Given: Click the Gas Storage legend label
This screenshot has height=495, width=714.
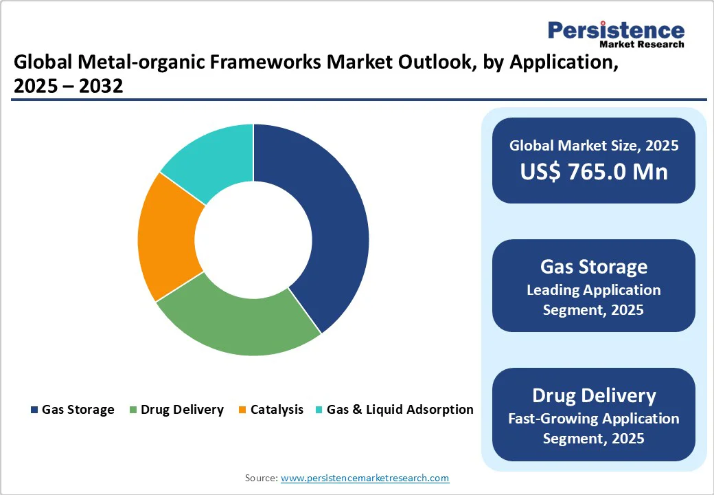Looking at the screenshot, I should pyautogui.click(x=78, y=410).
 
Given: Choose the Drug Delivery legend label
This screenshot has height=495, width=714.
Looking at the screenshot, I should pyautogui.click(x=182, y=410).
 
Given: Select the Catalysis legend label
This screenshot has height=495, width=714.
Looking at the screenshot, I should pyautogui.click(x=277, y=410).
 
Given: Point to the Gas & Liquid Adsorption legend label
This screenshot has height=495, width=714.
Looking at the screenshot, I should pyautogui.click(x=400, y=410).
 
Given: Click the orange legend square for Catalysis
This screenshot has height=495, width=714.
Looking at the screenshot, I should pyautogui.click(x=242, y=410).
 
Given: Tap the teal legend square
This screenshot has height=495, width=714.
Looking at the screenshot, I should pyautogui.click(x=319, y=410).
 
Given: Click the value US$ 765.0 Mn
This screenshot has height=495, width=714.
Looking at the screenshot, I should pyautogui.click(x=593, y=171).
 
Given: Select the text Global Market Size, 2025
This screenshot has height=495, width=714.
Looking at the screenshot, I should pyautogui.click(x=593, y=145).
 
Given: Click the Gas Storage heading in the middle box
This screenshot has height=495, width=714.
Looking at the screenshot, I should pyautogui.click(x=593, y=267).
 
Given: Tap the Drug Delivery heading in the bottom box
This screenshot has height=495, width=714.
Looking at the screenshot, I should pyautogui.click(x=593, y=395).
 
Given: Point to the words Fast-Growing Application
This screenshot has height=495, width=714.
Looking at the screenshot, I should pyautogui.click(x=593, y=418).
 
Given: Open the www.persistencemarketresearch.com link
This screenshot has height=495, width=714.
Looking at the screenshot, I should pyautogui.click(x=365, y=478).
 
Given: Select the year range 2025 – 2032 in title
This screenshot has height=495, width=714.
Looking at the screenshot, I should pyautogui.click(x=68, y=87).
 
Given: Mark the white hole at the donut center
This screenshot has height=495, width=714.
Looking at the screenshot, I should pyautogui.click(x=253, y=240).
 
